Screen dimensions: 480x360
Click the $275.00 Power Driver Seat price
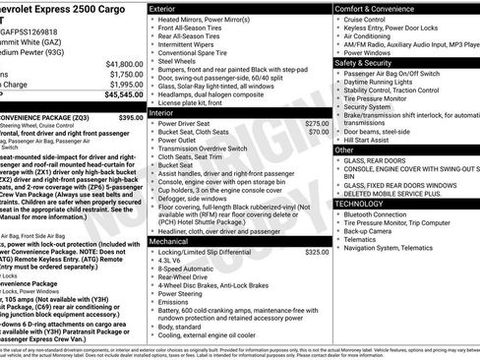[x=318, y=123]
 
